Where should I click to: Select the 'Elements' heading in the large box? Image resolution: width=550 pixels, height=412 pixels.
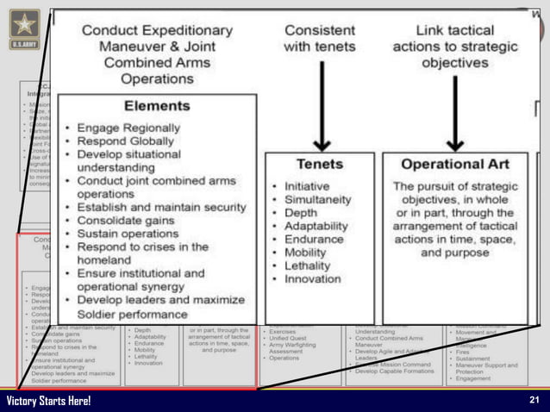156,106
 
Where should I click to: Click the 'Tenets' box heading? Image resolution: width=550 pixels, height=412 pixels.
319,164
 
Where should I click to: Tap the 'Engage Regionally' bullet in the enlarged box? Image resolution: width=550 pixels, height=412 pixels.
131,127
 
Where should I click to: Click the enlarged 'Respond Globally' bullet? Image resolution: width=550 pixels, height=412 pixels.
130,140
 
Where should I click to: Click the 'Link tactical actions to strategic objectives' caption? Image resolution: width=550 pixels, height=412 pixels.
453,47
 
